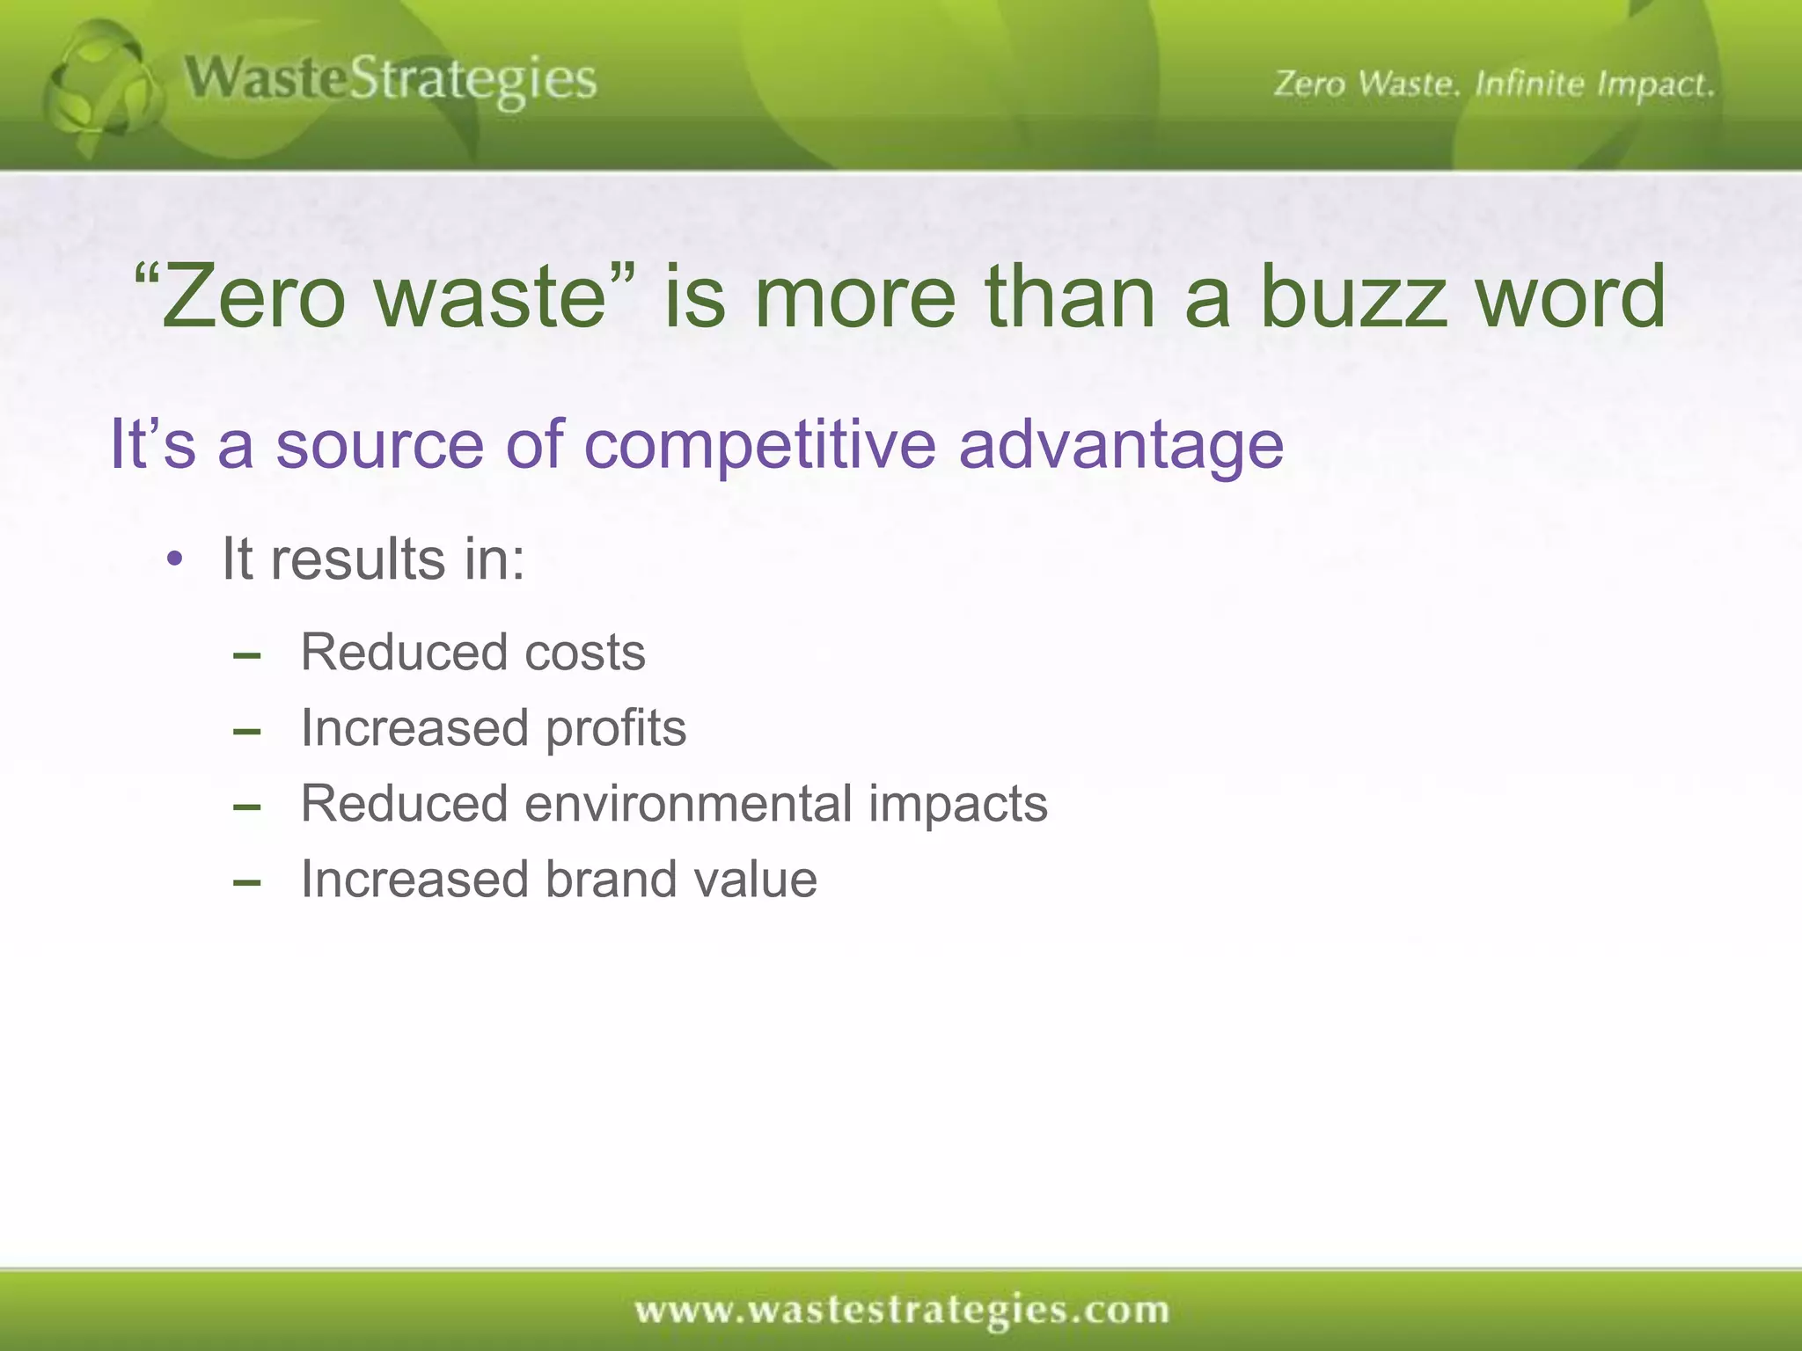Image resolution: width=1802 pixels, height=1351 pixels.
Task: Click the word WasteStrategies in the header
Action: [391, 81]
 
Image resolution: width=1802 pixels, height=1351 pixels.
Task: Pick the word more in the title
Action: [854, 297]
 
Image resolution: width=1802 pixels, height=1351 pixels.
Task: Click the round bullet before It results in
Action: [175, 559]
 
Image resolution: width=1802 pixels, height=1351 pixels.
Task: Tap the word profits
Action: [615, 729]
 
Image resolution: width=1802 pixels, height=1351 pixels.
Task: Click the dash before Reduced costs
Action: [247, 655]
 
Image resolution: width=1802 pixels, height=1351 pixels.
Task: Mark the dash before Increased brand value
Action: [247, 882]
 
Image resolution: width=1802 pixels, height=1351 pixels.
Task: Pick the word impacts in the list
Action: [958, 805]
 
